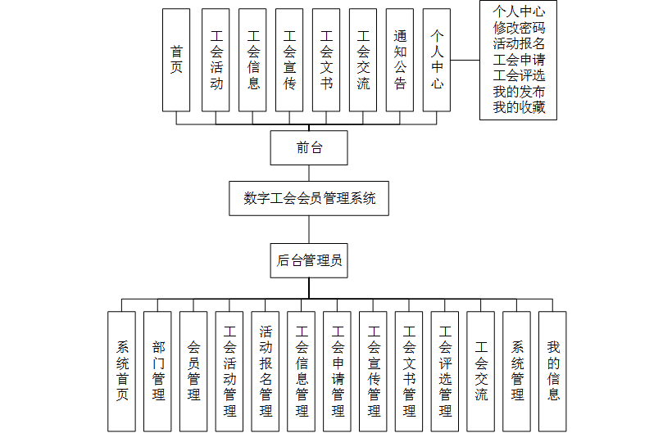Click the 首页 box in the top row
point(176,60)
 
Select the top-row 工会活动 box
point(216,60)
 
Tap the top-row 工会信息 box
point(252,60)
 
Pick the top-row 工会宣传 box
point(289,60)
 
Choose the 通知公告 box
point(400,60)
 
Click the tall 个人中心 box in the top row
point(437,60)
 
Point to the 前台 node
point(309,148)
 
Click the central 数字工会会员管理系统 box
point(309,198)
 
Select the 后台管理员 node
point(309,260)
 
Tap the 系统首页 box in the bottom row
point(122,371)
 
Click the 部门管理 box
point(158,371)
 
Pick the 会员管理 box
point(194,371)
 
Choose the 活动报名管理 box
point(266,371)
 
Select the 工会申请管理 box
point(338,371)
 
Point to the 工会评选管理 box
point(445,371)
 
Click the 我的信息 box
point(553,371)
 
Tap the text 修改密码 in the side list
point(519,28)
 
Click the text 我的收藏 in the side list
point(519,107)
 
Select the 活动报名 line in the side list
point(519,43)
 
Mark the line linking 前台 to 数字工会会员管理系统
point(309,173)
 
